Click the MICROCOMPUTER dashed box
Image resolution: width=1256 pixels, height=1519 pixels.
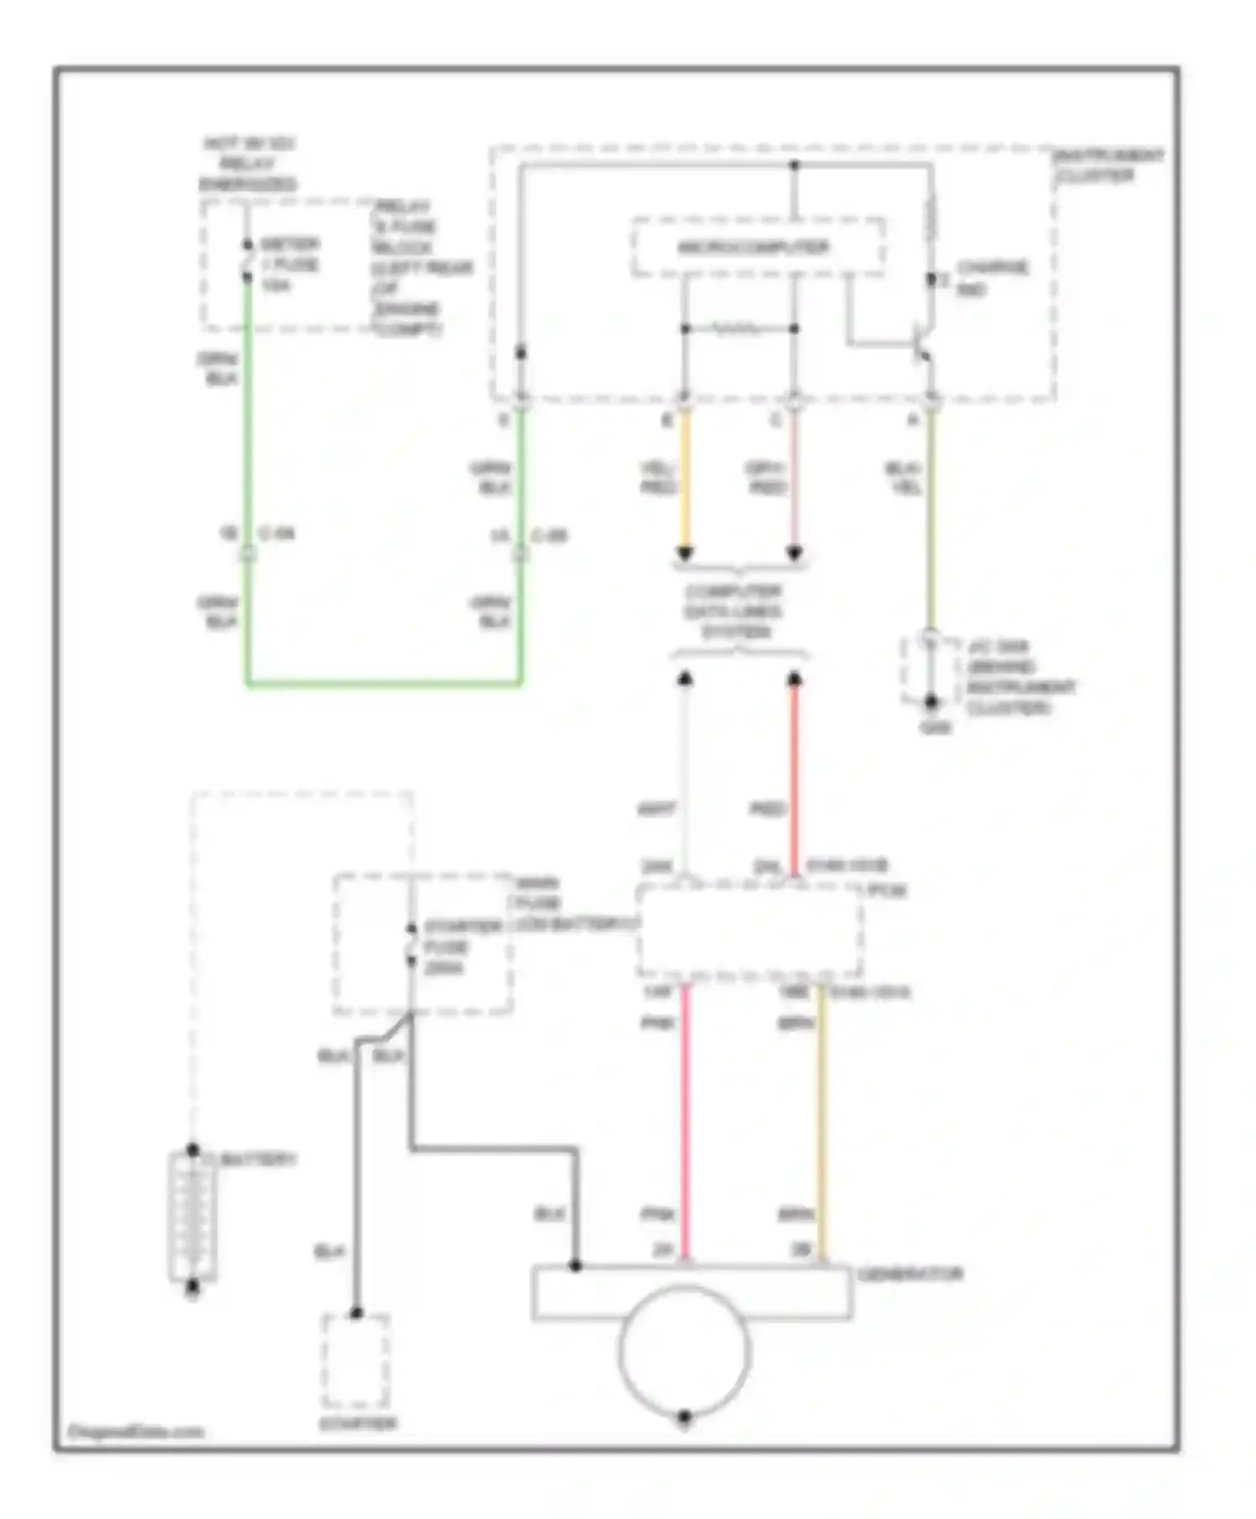pos(758,247)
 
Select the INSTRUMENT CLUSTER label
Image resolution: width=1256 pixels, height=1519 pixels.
pos(1108,166)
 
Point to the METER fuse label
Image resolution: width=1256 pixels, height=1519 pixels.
pos(289,265)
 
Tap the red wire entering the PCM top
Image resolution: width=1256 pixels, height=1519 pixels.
pos(795,779)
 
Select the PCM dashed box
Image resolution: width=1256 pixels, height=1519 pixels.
pos(749,929)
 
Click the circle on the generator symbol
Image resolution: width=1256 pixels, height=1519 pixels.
pos(684,1348)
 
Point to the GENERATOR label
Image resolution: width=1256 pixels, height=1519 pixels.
pos(910,1274)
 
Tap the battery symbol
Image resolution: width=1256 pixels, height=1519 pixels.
pos(193,1218)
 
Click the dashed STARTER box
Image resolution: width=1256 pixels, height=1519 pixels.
pos(356,1361)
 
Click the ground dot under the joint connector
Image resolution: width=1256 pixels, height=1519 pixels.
pos(930,702)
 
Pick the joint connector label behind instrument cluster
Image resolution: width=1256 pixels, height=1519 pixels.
pos(1017,677)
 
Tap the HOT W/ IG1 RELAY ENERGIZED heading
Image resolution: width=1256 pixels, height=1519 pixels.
pos(248,164)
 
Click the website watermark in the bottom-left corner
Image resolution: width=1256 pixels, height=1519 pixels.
pos(136,1432)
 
